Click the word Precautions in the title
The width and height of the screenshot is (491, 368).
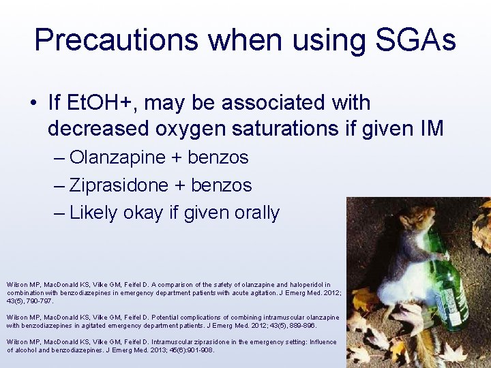click(116, 40)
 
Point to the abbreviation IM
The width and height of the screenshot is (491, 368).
click(430, 128)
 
